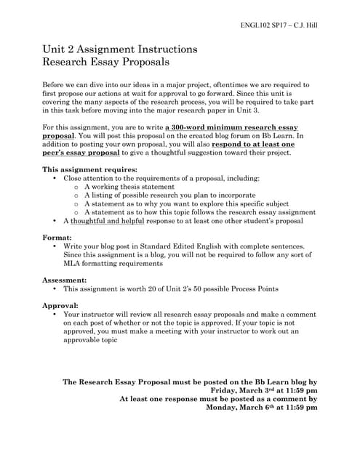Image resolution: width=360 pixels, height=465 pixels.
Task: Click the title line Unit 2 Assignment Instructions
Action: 120,49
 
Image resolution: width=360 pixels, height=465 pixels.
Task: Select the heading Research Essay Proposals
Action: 107,62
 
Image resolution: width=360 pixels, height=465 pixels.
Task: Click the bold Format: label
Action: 57,238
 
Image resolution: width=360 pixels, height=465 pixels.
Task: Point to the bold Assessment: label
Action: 65,279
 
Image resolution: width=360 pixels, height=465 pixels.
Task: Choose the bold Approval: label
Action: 61,305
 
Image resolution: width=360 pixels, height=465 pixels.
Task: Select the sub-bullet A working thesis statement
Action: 132,187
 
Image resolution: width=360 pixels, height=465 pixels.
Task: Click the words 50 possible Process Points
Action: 232,288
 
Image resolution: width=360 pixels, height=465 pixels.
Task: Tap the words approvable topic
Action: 90,340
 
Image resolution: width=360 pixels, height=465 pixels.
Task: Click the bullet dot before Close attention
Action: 56,178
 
